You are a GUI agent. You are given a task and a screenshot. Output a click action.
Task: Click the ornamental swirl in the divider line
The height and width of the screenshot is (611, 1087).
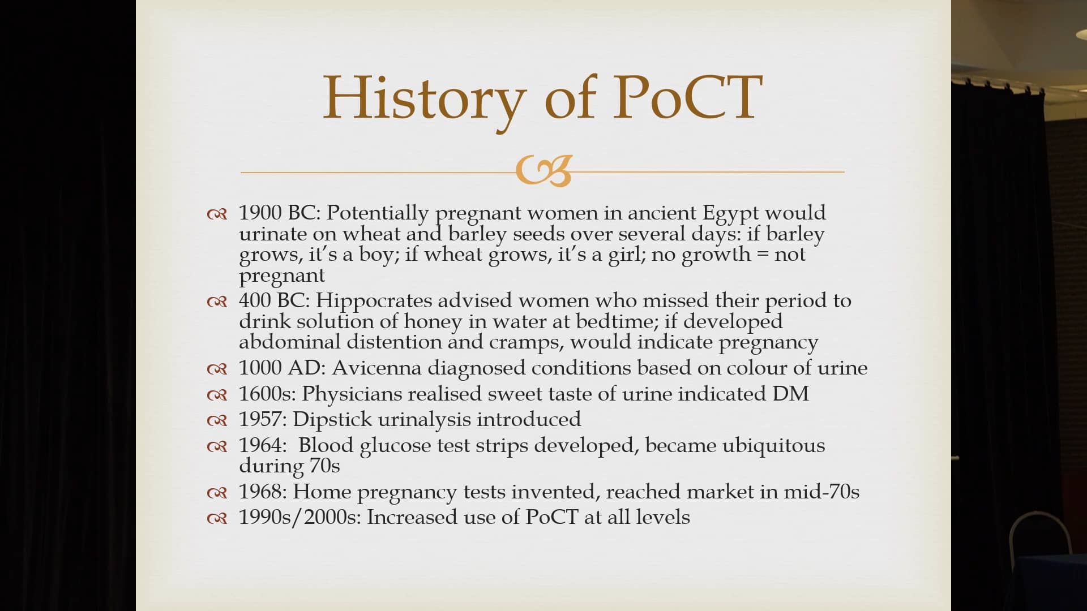[543, 171]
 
